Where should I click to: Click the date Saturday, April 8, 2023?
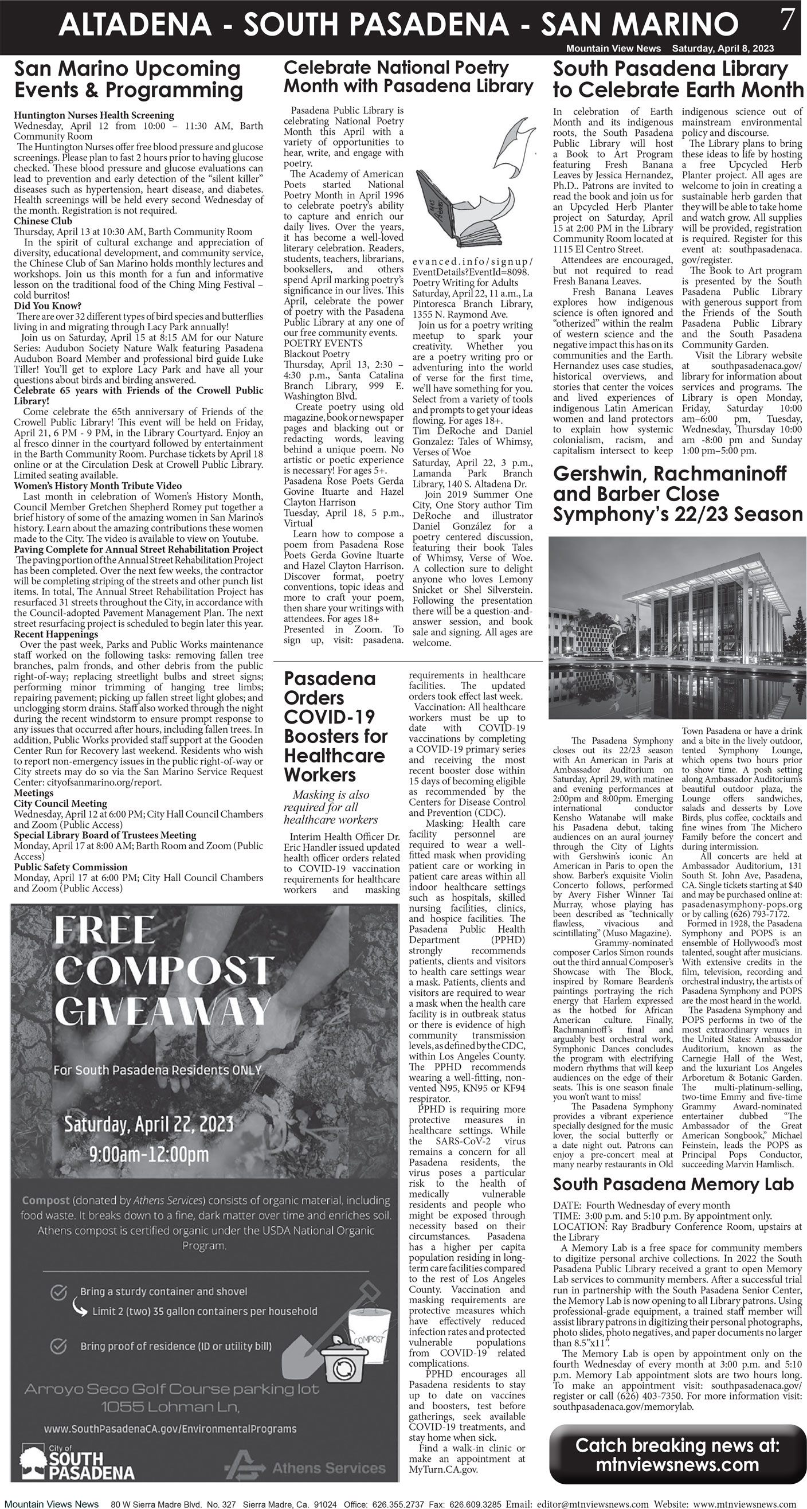tap(723, 49)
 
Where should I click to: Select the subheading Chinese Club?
tap(43, 221)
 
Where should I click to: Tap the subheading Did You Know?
tap(48, 306)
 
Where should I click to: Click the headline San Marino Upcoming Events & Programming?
tap(128, 79)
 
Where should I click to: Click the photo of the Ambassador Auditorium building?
tap(676, 628)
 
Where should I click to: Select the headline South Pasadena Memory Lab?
tap(673, 1184)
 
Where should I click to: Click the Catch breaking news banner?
tap(677, 1455)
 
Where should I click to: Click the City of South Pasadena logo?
tap(76, 1462)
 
